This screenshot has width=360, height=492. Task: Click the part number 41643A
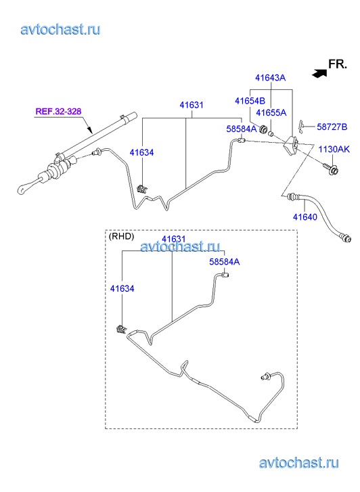pos(270,78)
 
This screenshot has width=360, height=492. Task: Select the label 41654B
pos(250,101)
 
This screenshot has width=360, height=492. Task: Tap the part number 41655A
pos(271,112)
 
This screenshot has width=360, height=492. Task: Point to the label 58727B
pos(332,127)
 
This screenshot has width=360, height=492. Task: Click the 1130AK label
pos(334,149)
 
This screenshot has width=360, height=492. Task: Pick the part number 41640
pos(305,217)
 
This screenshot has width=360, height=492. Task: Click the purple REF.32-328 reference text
pos(58,112)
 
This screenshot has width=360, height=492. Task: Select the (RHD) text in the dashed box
pos(121,236)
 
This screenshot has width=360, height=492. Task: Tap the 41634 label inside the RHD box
pos(122,288)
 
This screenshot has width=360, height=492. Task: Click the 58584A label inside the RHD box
pos(225,262)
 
